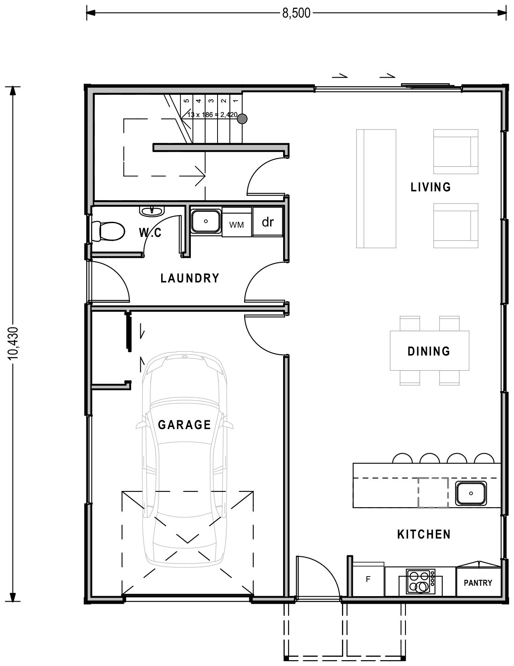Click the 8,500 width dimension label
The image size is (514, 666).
(296, 13)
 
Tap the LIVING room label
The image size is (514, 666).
(430, 187)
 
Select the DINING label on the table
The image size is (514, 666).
(429, 351)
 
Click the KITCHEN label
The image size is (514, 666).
(423, 534)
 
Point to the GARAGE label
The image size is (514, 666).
(184, 425)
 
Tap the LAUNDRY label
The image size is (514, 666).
(190, 278)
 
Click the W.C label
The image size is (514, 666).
(150, 233)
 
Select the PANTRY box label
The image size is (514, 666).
(478, 582)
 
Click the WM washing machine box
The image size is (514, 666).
(236, 225)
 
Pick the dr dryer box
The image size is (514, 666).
(268, 222)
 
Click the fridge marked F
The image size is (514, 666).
(368, 580)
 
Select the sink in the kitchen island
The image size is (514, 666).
(471, 493)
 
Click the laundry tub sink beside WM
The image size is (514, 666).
(206, 221)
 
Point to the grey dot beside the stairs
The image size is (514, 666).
(242, 119)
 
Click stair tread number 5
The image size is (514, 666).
(186, 101)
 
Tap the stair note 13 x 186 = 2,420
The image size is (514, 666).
(212, 114)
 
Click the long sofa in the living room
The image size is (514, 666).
(376, 188)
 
